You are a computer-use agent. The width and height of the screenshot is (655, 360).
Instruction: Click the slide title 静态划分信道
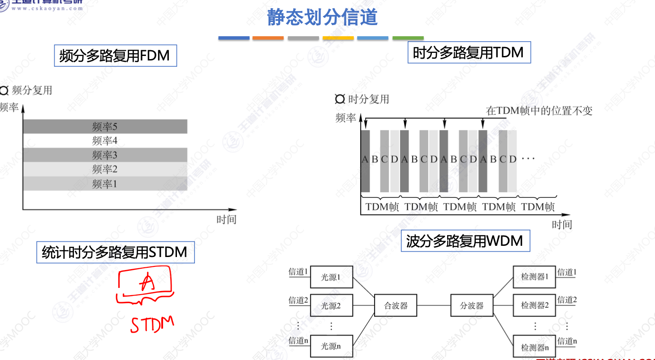[322, 17]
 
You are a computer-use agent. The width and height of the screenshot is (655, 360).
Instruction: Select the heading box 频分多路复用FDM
[115, 56]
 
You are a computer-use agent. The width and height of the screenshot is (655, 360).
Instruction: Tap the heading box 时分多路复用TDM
[468, 53]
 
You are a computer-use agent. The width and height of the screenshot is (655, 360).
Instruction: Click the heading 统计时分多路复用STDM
[115, 252]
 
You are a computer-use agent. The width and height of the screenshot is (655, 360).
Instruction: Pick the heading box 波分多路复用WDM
[465, 241]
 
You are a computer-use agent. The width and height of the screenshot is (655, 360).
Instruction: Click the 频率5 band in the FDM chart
[104, 127]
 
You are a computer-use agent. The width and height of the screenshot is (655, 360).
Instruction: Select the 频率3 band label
[104, 155]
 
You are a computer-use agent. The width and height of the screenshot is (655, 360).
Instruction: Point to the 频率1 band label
[104, 184]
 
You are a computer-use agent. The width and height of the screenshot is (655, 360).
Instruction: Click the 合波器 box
[396, 306]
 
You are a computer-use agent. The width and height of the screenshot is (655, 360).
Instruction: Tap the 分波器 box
[472, 306]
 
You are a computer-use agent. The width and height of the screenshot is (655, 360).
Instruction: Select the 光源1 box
[331, 278]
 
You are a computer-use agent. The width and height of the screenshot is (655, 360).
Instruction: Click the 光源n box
[331, 346]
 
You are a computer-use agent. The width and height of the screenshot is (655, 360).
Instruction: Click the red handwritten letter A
[147, 283]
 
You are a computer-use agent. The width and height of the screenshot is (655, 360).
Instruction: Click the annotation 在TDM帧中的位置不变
[539, 111]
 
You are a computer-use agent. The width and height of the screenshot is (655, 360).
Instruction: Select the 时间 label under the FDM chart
[226, 219]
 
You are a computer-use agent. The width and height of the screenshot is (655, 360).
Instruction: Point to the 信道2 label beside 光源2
[298, 300]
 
